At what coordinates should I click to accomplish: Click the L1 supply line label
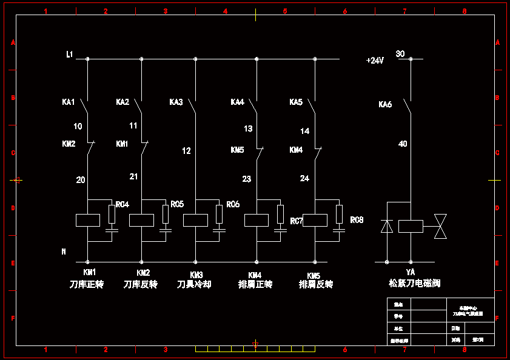pos(70,55)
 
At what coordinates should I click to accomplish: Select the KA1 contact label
pos(69,102)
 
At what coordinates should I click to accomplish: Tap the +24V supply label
pos(375,61)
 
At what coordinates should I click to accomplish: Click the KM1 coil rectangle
pos(88,220)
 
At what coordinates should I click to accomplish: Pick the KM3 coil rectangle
pos(195,220)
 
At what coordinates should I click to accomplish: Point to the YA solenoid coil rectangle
pos(411,226)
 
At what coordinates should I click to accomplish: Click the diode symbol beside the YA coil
pos(386,226)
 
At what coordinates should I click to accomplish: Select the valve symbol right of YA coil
pos(440,226)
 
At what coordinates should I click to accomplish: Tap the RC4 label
pos(122,205)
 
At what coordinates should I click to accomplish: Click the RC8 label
pos(357,219)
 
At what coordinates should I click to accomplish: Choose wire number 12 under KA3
pos(186,151)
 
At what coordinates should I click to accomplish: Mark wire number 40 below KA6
pos(403,144)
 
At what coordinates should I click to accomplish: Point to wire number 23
pos(246,179)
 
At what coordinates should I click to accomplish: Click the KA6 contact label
pos(385,105)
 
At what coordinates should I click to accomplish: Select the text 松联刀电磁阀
pos(415,283)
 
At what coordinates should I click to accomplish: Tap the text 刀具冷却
pos(194,284)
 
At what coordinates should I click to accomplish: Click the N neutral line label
pos(64,251)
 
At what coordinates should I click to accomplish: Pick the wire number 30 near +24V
pos(400,54)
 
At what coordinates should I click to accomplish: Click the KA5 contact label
pos(296,102)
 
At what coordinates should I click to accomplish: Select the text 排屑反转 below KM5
pos(316,284)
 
